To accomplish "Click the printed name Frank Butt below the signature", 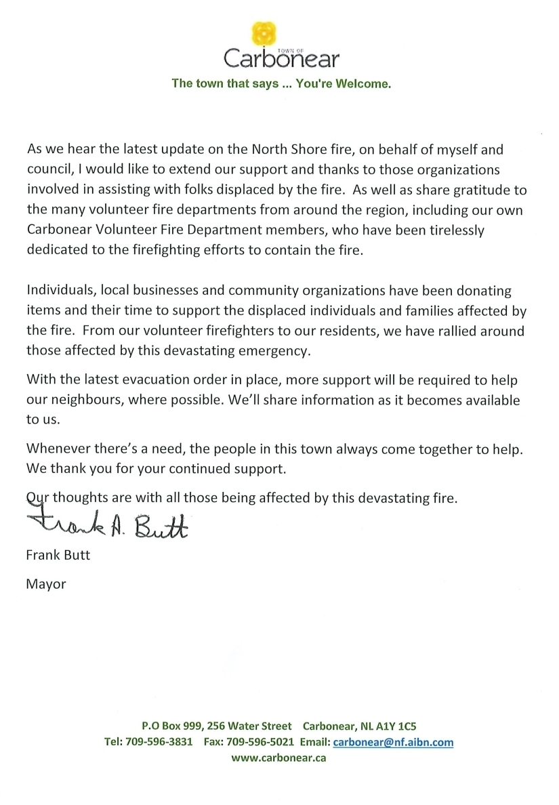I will tap(58, 556).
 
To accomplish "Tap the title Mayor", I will tap(46, 583).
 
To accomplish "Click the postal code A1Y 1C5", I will tap(405, 726).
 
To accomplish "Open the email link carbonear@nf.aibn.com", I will tap(394, 742).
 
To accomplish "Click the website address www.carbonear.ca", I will tap(278, 758).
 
